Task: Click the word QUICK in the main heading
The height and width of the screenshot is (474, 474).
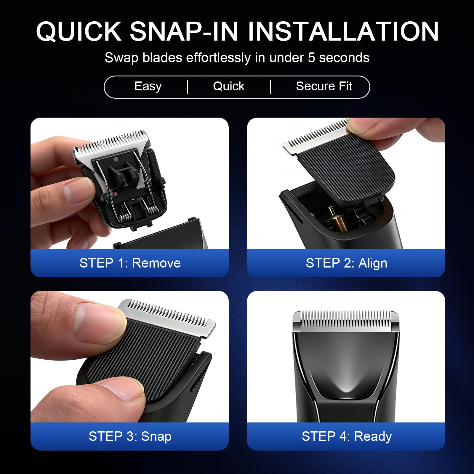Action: tap(79, 31)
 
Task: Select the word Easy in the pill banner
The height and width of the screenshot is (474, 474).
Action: tap(148, 87)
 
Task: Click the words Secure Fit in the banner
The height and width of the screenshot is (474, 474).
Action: tap(324, 86)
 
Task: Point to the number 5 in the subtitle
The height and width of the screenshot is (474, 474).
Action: tap(311, 58)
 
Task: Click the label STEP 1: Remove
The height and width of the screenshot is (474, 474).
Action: tap(130, 263)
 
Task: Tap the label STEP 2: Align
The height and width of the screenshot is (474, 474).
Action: tap(347, 263)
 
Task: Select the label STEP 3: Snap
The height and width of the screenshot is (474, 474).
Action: tap(130, 436)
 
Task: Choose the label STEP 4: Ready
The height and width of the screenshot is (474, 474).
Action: tap(347, 436)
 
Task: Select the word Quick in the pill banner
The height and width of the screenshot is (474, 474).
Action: tap(229, 86)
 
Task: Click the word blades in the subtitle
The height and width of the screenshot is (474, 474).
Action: tap(162, 58)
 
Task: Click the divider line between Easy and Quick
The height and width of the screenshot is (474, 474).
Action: tap(188, 87)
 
